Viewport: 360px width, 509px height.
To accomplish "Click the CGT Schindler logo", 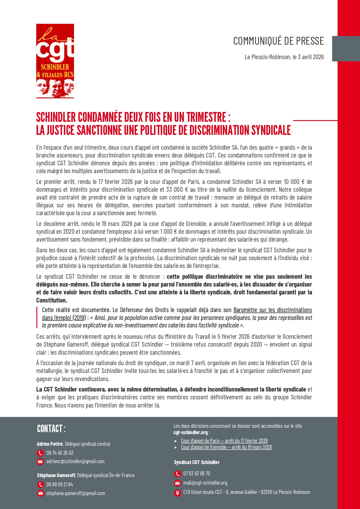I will [x=55, y=61].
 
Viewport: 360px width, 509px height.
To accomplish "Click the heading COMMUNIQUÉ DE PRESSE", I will [x=278, y=41].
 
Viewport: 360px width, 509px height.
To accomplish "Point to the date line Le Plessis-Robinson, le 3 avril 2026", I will [x=284, y=57].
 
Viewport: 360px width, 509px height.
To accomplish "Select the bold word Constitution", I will [x=51, y=300].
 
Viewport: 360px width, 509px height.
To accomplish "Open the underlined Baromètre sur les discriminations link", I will [x=272, y=310].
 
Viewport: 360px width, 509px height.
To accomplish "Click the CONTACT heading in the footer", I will [x=51, y=429].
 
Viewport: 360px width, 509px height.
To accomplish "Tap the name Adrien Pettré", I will [x=50, y=444].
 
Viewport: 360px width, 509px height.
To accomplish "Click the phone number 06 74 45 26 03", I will [x=60, y=453].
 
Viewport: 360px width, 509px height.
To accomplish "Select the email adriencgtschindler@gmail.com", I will [x=75, y=461].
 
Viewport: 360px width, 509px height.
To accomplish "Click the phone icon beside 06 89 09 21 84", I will [x=40, y=485].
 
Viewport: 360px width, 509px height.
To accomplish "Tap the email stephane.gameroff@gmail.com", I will [x=76, y=493].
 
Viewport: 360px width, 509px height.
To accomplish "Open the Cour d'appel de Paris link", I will [x=224, y=441].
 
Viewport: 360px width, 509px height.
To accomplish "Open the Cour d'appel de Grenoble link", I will [x=226, y=447].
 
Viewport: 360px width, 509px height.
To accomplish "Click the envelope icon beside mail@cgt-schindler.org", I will [x=177, y=483].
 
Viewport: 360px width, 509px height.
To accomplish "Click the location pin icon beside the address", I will [x=177, y=492].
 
